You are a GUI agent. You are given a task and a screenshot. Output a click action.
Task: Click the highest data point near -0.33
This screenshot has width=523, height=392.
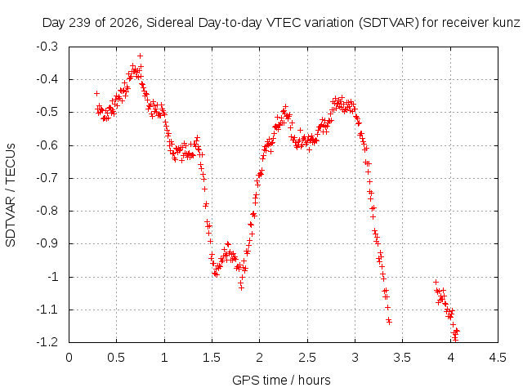(x=140, y=56)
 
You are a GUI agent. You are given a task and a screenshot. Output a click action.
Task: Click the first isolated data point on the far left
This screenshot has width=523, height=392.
(x=96, y=93)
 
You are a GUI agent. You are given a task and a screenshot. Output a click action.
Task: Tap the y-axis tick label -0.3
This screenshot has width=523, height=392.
(x=47, y=47)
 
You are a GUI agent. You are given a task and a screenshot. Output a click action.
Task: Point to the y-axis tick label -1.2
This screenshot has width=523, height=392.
(x=47, y=342)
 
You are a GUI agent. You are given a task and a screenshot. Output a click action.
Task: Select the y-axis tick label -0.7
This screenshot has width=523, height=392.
(x=47, y=178)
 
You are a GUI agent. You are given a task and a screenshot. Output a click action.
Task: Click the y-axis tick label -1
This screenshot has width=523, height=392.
(x=51, y=277)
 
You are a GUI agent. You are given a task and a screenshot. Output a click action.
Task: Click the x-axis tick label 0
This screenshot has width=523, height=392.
(x=69, y=358)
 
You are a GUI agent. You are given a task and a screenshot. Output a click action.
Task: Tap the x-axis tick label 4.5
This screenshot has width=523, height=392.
(x=498, y=358)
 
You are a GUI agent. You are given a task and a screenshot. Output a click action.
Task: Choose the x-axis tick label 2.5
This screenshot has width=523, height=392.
(x=307, y=358)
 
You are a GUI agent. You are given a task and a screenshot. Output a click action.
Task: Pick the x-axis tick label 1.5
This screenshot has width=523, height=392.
(x=212, y=358)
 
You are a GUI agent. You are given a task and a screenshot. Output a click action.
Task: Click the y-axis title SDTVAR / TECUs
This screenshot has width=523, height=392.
(x=11, y=195)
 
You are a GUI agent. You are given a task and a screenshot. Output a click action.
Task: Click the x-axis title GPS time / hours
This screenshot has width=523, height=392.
(x=281, y=381)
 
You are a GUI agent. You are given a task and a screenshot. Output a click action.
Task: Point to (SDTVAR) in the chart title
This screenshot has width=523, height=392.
(x=389, y=23)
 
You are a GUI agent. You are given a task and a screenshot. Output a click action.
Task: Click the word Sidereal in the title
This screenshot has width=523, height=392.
(x=170, y=23)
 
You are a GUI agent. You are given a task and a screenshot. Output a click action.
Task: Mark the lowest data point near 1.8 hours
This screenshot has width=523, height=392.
(x=242, y=287)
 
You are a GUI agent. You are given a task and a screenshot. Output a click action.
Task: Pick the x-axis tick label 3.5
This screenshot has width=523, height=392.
(x=403, y=358)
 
